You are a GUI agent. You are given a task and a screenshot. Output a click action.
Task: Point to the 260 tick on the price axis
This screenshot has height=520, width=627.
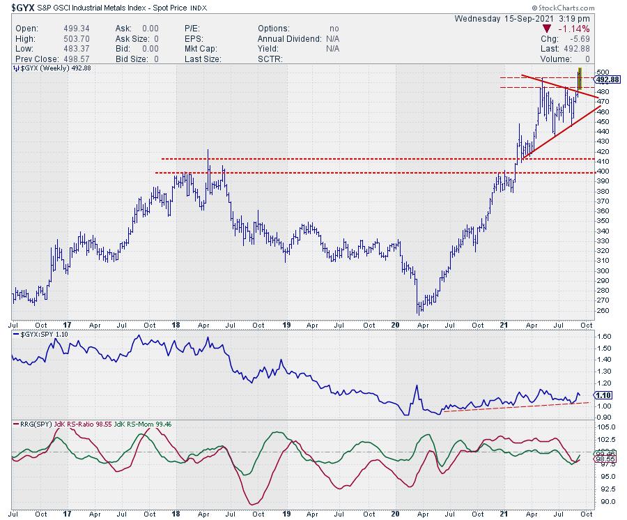coord(602,311)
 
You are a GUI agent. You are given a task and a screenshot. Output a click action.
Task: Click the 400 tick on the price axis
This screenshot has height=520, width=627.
coord(602,171)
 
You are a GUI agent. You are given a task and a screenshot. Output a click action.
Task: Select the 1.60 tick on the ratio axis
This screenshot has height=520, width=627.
coord(604,336)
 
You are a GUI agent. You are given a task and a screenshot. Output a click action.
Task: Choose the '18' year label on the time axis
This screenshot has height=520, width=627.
coord(178,324)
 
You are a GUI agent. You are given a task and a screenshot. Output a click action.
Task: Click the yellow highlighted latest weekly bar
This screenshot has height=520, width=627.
coord(579,79)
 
